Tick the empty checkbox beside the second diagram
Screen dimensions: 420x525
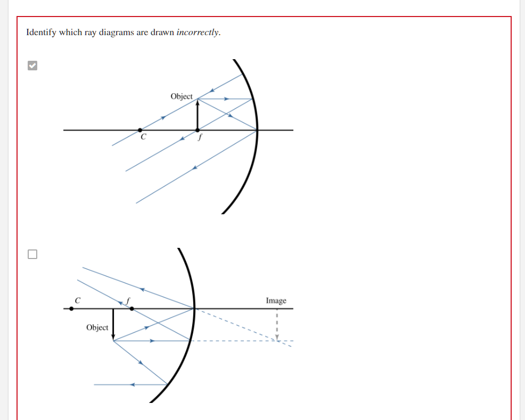pos(33,254)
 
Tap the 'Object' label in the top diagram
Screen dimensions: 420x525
pos(182,96)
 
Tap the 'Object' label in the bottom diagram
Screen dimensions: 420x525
pos(97,327)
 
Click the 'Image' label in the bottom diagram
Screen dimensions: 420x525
pos(276,301)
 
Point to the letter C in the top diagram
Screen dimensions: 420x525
pos(143,137)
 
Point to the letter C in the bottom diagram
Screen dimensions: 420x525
pos(78,301)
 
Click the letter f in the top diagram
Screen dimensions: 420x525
pos(200,137)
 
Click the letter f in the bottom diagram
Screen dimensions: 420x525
pos(128,301)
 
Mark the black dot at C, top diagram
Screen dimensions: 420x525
pos(140,130)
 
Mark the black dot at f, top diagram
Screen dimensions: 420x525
pos(198,130)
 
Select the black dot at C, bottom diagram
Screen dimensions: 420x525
pos(71,308)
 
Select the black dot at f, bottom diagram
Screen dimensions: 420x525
pos(132,308)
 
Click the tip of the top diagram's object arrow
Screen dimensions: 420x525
pos(198,102)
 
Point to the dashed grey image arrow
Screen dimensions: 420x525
pos(276,325)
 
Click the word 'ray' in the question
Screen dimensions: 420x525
pos(90,33)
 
